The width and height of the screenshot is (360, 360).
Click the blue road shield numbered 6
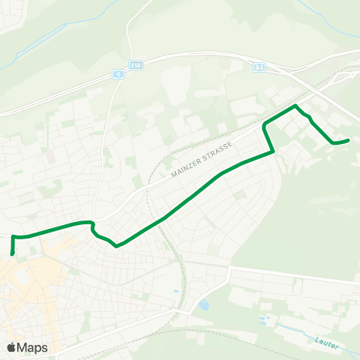(x=118, y=74)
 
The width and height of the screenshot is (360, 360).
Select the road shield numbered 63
(x=259, y=67)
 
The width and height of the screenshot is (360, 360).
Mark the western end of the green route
(x=13, y=254)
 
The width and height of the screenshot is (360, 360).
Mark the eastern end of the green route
(x=349, y=139)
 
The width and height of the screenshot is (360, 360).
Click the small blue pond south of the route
(x=204, y=305)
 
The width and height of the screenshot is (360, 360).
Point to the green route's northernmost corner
(x=295, y=106)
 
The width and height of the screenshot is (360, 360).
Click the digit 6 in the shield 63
(x=258, y=67)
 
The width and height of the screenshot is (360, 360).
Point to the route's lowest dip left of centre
(x=117, y=245)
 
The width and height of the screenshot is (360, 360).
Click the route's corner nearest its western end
(x=14, y=237)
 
